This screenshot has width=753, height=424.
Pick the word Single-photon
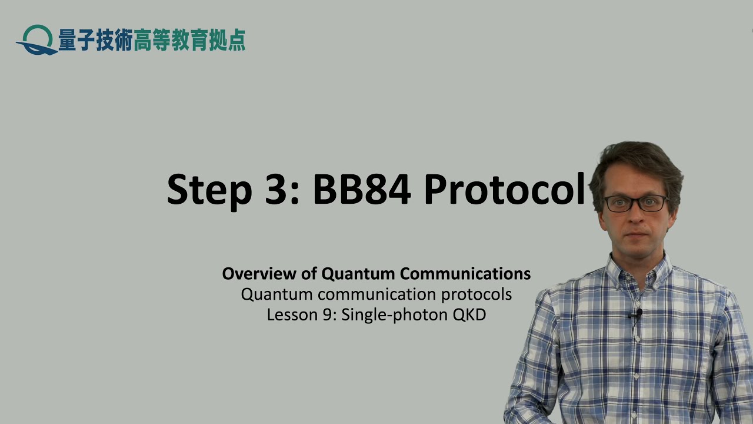(x=394, y=314)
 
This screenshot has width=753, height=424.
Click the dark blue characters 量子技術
(x=95, y=40)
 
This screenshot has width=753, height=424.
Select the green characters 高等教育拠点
(x=189, y=40)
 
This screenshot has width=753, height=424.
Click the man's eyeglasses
(x=635, y=204)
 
